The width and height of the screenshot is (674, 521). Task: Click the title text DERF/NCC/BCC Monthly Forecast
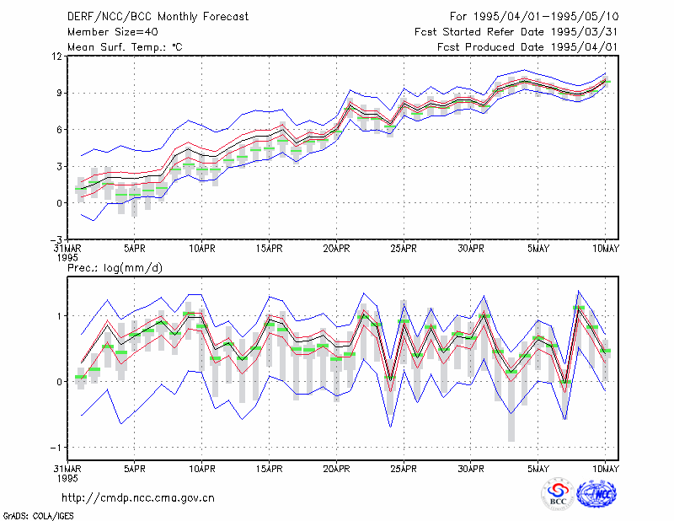(158, 17)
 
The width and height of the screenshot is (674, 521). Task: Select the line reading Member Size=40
(113, 32)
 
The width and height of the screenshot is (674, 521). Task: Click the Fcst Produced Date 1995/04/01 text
(527, 47)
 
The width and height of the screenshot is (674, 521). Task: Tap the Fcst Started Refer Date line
(516, 32)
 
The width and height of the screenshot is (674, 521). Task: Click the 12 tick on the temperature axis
(58, 56)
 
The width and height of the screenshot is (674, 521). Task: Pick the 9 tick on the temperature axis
(60, 93)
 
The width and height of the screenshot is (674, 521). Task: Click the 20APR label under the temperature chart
(336, 249)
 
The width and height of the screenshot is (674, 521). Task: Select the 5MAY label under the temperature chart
(538, 249)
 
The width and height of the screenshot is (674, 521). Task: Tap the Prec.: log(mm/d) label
(115, 268)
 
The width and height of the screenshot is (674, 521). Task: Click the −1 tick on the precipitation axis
(56, 448)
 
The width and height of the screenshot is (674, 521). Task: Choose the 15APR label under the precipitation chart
(269, 469)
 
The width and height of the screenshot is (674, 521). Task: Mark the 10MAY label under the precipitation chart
(605, 469)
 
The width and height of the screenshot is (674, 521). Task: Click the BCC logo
(558, 495)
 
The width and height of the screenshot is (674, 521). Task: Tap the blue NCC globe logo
(596, 494)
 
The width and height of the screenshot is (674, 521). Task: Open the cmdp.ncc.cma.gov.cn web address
(138, 498)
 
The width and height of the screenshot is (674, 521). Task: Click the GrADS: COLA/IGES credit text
(38, 516)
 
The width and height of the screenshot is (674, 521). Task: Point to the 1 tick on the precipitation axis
(60, 316)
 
